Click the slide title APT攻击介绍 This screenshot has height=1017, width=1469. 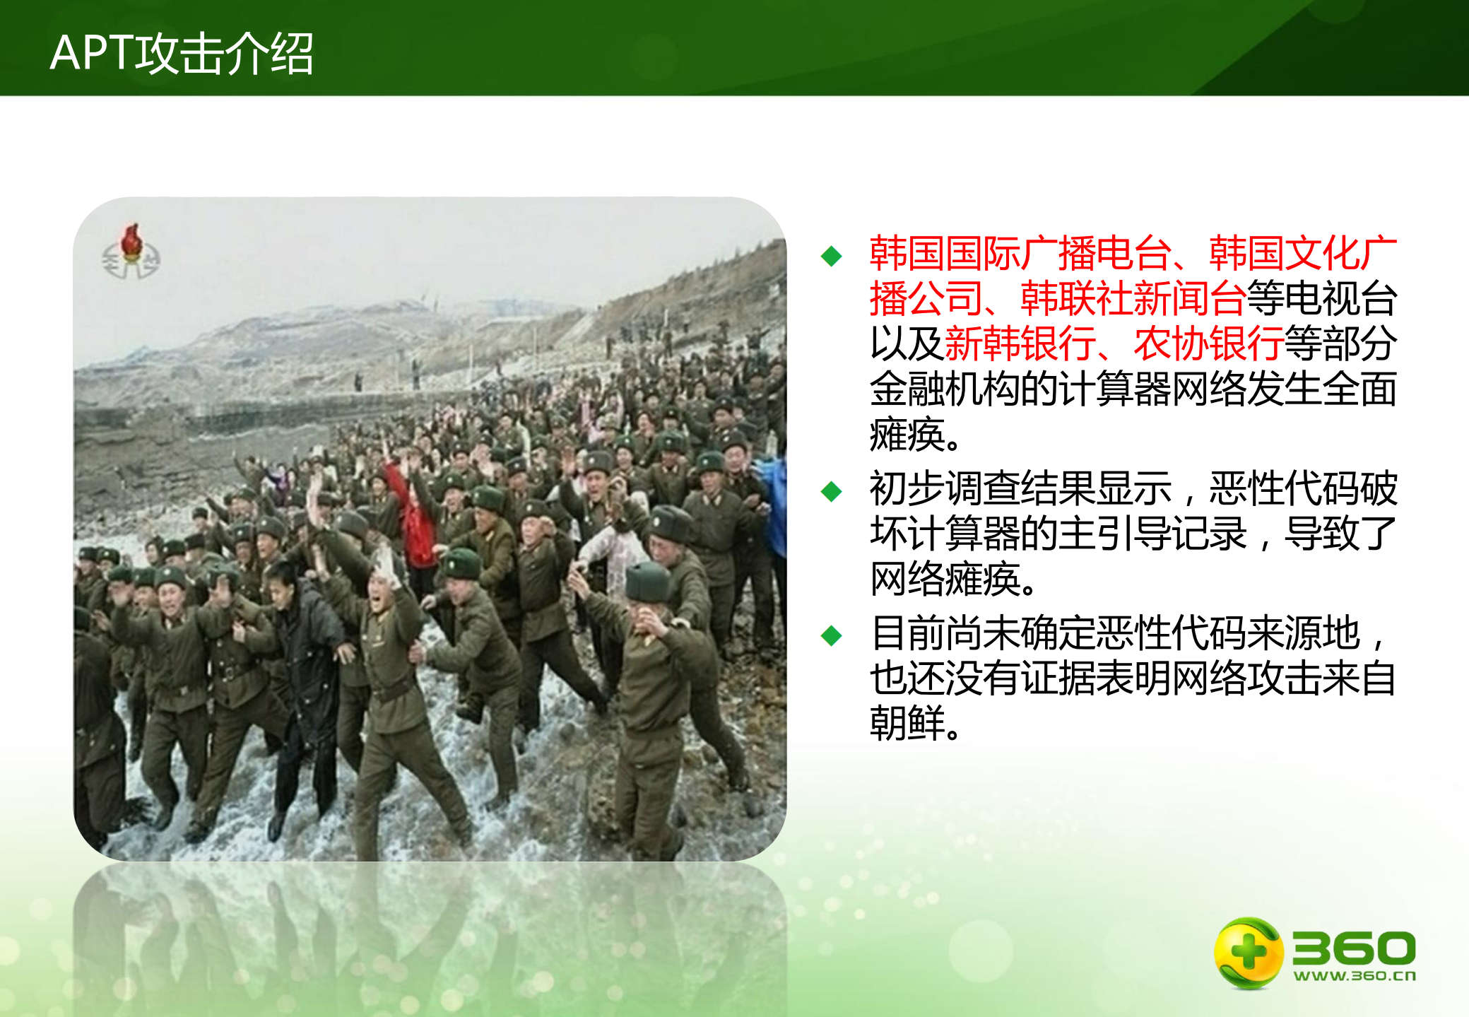point(182,53)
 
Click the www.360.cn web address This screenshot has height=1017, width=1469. point(1355,976)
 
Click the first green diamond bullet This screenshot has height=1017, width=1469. point(832,256)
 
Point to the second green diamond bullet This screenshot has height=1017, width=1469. point(832,491)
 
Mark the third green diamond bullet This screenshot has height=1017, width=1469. point(832,635)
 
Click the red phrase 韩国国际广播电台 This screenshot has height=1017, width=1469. point(1020,253)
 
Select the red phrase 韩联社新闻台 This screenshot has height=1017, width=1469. point(1133,298)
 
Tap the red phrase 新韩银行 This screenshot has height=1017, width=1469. point(1020,343)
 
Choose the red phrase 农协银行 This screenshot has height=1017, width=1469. point(1208,343)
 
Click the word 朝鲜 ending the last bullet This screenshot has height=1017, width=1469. point(907,723)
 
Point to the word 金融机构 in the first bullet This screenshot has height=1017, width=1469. point(945,389)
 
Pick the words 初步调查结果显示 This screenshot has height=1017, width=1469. point(1020,488)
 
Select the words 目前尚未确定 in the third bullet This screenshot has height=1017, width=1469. point(982,633)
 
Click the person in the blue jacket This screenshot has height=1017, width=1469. point(776,502)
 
